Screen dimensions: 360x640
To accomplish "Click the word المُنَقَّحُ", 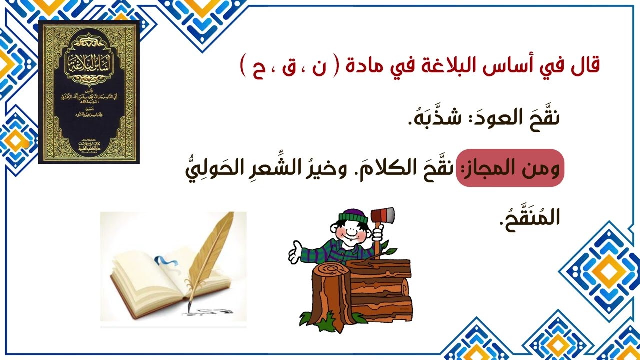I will [x=530, y=218].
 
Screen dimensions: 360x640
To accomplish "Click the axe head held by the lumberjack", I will [x=384, y=215].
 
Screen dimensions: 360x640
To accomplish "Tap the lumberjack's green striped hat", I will [x=353, y=216].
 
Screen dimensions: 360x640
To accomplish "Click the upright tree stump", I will [x=330, y=295].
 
